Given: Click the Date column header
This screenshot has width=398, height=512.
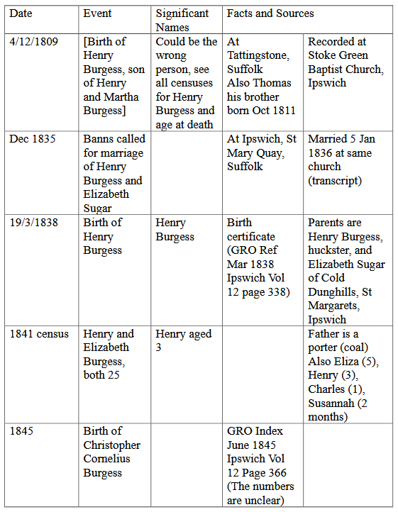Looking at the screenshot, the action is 22,13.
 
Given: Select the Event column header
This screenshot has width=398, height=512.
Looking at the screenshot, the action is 97,13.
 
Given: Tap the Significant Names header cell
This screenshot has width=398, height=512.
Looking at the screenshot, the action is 182,20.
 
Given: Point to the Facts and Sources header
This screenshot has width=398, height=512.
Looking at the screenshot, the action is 270,13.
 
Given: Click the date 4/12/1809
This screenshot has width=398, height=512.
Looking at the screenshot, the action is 34,42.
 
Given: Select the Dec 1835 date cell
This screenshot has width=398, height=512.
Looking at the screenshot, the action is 32,139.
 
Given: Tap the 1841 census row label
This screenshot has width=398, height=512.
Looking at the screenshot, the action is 39,334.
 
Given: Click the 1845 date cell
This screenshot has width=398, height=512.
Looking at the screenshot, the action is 22,431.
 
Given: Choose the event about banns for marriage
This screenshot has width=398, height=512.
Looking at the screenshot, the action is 114,174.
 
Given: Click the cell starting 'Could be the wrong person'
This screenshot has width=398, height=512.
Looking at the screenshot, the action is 186,83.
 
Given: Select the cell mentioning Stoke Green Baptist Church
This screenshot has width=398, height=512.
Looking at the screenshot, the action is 346,62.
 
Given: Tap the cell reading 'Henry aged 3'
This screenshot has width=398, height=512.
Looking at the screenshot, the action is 184,340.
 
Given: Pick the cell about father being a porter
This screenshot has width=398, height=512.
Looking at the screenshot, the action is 343,375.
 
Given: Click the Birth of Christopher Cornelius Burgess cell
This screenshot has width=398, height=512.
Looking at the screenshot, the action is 112,452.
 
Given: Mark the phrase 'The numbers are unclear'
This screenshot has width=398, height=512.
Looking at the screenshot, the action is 260,494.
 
